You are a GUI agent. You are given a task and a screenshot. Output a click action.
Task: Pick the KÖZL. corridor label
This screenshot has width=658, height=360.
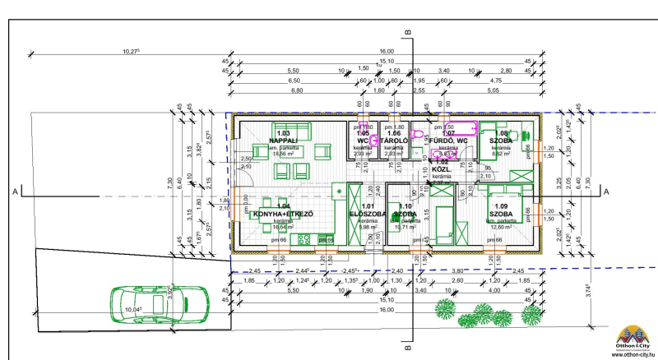point(443,169)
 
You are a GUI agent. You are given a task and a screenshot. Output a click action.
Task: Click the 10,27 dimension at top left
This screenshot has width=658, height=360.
point(131,51)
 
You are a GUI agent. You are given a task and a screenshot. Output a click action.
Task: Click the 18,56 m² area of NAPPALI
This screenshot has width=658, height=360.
point(284,153)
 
